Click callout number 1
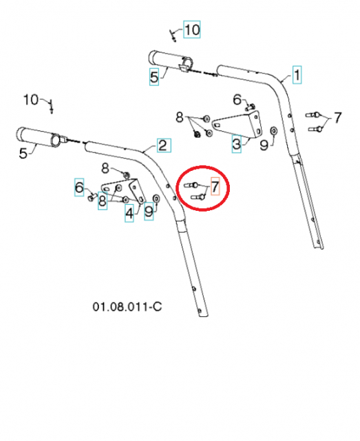click(x=297, y=74)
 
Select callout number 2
click(x=162, y=145)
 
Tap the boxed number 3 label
click(x=236, y=144)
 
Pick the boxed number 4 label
click(x=129, y=213)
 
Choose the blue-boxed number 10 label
click(x=191, y=29)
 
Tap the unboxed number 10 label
click(x=32, y=100)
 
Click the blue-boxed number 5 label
click(x=154, y=77)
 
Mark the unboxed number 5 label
click(x=23, y=153)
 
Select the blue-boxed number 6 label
click(x=79, y=186)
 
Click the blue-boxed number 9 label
click(x=149, y=212)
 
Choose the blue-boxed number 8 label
click(x=102, y=201)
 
